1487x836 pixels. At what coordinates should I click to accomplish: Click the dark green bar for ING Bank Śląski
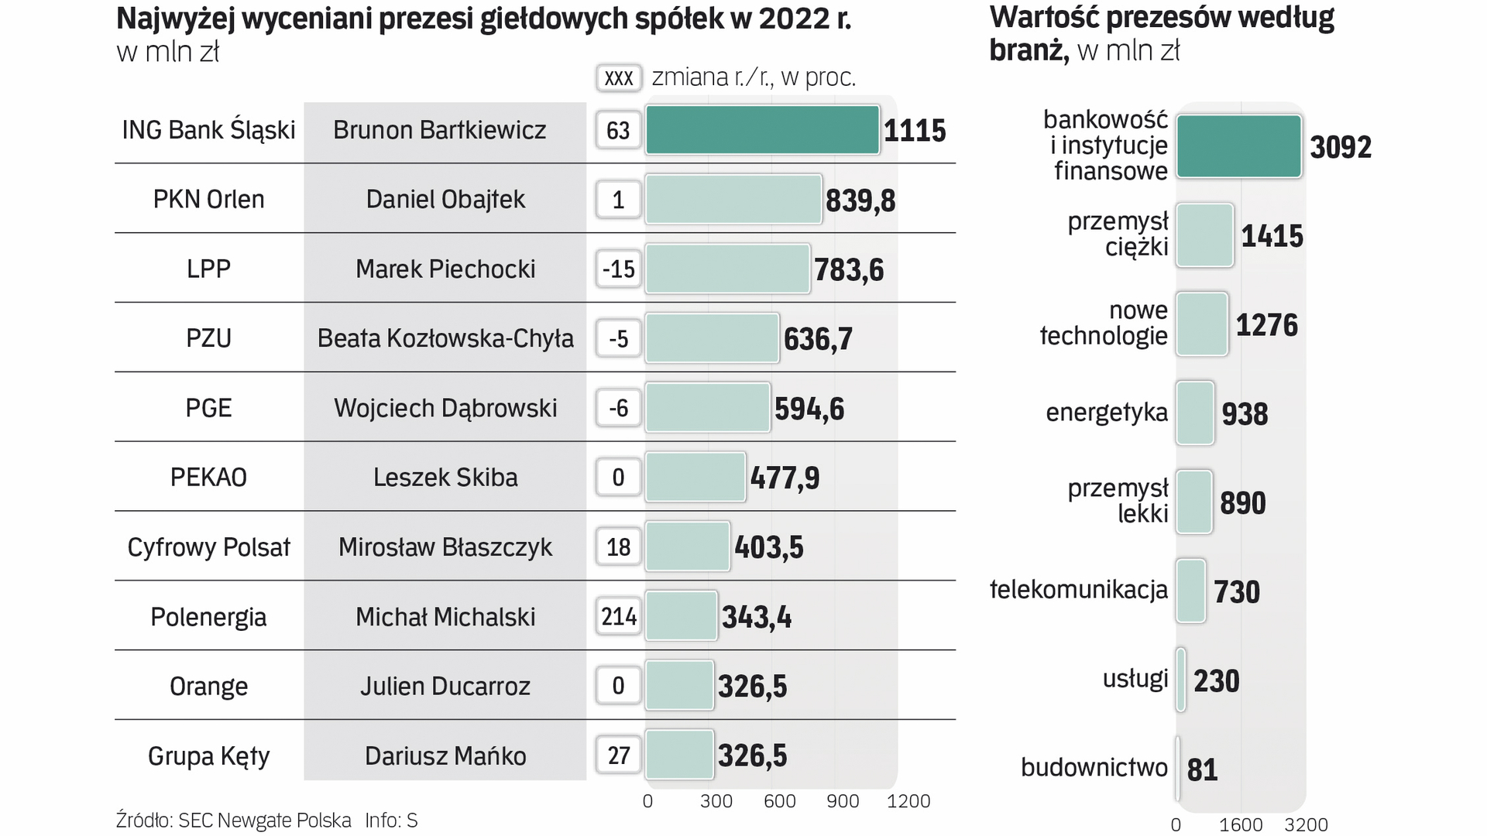point(762,130)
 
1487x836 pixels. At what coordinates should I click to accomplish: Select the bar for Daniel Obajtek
point(733,200)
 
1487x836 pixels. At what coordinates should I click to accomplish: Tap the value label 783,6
point(849,269)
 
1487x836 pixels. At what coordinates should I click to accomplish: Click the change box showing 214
point(619,616)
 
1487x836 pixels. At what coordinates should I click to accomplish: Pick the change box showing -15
point(619,269)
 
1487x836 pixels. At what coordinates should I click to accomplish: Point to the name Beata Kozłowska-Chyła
point(445,338)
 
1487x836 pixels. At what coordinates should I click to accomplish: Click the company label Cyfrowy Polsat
point(208,547)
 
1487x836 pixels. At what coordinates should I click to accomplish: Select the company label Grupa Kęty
point(208,755)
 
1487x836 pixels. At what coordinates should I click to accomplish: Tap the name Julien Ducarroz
point(445,686)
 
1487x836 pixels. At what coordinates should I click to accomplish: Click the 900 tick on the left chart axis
point(842,801)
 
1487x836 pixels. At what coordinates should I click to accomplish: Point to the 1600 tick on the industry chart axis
point(1241,825)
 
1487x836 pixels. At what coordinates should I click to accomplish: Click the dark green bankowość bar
point(1238,146)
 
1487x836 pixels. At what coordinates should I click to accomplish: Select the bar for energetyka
point(1194,413)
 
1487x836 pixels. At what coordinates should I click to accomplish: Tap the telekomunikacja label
point(1079,590)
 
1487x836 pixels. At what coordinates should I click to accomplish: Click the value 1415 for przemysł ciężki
point(1272,236)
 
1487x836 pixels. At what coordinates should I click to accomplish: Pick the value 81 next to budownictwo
point(1202,769)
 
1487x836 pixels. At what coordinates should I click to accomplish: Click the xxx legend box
point(619,77)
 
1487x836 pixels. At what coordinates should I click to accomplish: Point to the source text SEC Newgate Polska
point(264,821)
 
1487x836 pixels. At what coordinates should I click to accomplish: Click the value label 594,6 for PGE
point(809,409)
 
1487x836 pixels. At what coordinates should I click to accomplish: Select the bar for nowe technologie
point(1201,324)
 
